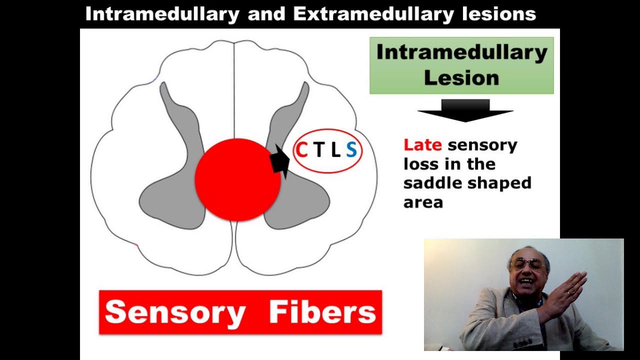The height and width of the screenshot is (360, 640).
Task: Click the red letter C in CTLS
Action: tap(301, 150)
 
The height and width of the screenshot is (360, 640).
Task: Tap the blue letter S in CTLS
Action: tap(351, 150)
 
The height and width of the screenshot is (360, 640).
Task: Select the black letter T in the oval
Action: tap(318, 150)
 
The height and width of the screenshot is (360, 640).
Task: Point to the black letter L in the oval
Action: tap(335, 150)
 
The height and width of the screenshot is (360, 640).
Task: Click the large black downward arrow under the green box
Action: tap(465, 110)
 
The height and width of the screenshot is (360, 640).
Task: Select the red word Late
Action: tap(422, 145)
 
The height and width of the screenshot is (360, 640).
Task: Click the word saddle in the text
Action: tap(430, 183)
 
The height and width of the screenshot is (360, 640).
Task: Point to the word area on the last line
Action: tap(423, 202)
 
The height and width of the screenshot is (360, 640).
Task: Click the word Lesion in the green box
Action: tap(461, 78)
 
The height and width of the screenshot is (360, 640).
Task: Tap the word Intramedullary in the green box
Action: tap(461, 52)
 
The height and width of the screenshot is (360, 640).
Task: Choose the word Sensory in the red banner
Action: tap(175, 312)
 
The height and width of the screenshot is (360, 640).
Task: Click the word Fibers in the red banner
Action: tap(322, 312)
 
